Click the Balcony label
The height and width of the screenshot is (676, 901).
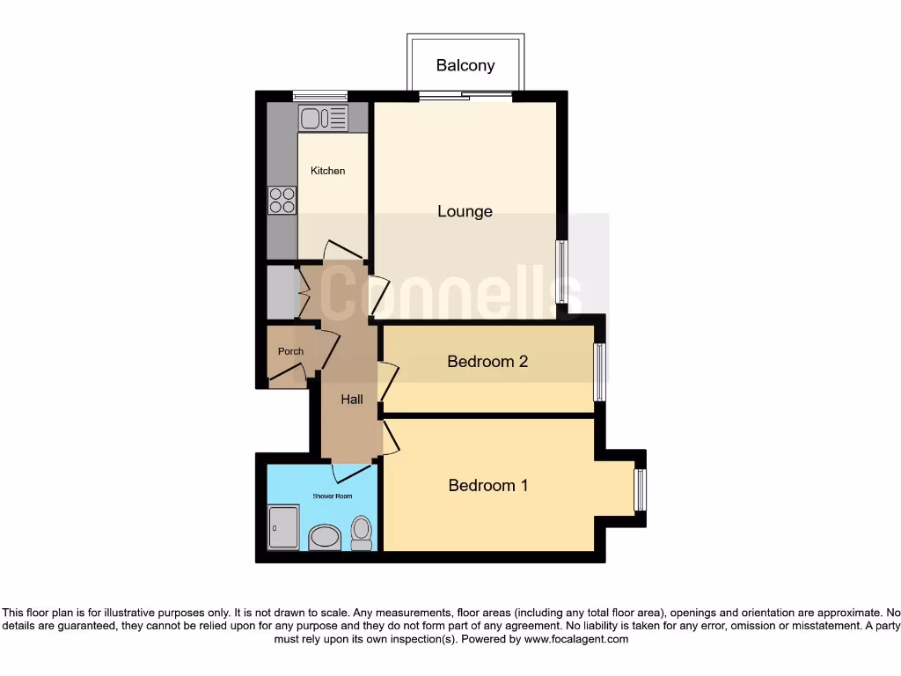[x=465, y=65]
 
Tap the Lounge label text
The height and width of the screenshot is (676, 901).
[x=465, y=211]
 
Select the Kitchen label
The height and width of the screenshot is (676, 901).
[x=327, y=171]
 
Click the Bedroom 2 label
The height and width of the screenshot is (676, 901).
[x=487, y=362]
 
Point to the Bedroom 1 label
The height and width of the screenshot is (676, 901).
[x=487, y=485]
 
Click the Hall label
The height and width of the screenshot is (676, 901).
[x=352, y=400]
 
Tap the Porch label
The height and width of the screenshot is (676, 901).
[x=290, y=351]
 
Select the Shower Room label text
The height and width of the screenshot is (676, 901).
[x=333, y=496]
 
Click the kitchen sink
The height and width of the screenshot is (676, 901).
[x=323, y=118]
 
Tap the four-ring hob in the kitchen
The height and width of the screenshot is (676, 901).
[x=282, y=202]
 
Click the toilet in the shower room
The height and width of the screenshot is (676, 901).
[x=362, y=533]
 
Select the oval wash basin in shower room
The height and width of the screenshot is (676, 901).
[x=326, y=537]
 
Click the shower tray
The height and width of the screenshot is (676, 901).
[x=283, y=527]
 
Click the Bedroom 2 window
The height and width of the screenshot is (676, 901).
[x=600, y=371]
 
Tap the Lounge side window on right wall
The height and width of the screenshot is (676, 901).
[x=560, y=272]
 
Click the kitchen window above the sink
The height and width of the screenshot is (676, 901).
[x=319, y=96]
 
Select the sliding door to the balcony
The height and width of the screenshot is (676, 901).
[x=465, y=96]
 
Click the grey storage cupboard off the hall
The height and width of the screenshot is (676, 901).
[x=282, y=292]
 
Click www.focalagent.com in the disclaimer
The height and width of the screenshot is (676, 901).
[x=575, y=639]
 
